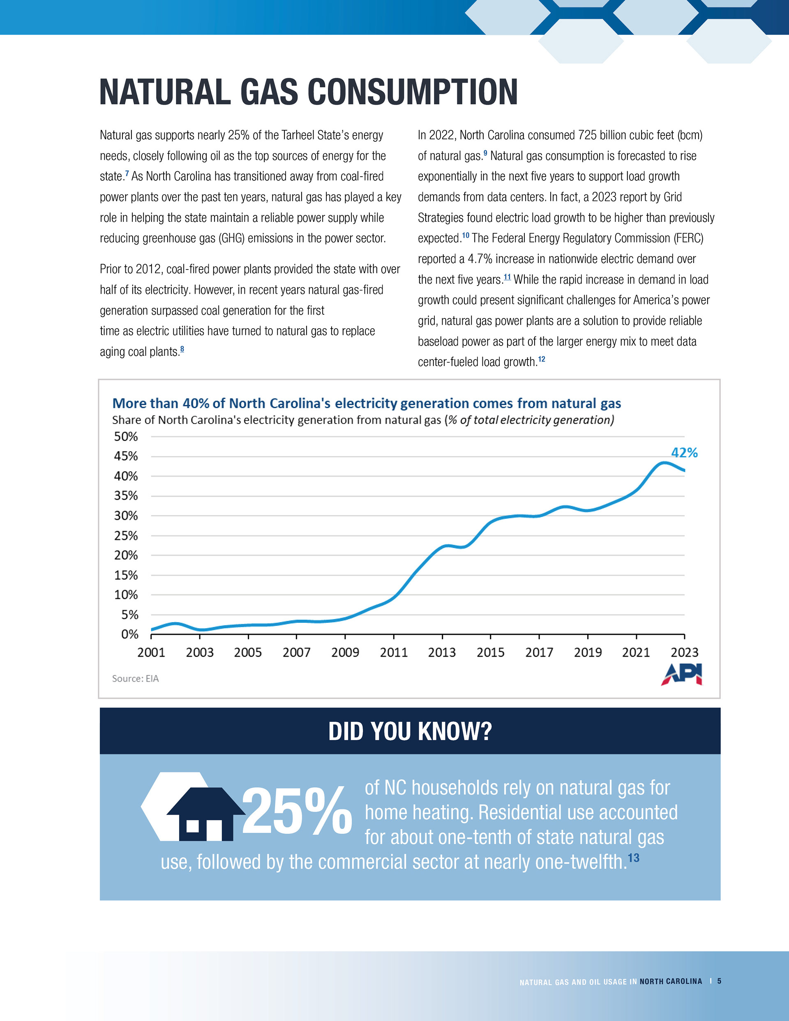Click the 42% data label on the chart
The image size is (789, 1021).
pos(684,452)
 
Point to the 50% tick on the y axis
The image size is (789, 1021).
pos(126,437)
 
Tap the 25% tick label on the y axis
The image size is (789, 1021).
pos(126,536)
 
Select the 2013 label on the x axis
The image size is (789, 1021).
pos(442,652)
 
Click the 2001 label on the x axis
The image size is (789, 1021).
pos(151,652)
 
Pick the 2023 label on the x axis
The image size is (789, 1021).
pos(684,652)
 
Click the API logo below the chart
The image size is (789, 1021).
pos(681,674)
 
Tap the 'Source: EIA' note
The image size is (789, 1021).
pos(135,678)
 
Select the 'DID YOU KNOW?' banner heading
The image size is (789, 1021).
pos(410,732)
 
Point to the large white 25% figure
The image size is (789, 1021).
pos(297,811)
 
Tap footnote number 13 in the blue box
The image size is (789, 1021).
pos(633,858)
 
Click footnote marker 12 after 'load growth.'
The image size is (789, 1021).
pos(542,359)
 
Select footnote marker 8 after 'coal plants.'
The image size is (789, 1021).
pos(182,349)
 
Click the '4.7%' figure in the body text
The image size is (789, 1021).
pos(480,259)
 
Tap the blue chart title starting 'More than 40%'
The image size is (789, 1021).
pos(366,403)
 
